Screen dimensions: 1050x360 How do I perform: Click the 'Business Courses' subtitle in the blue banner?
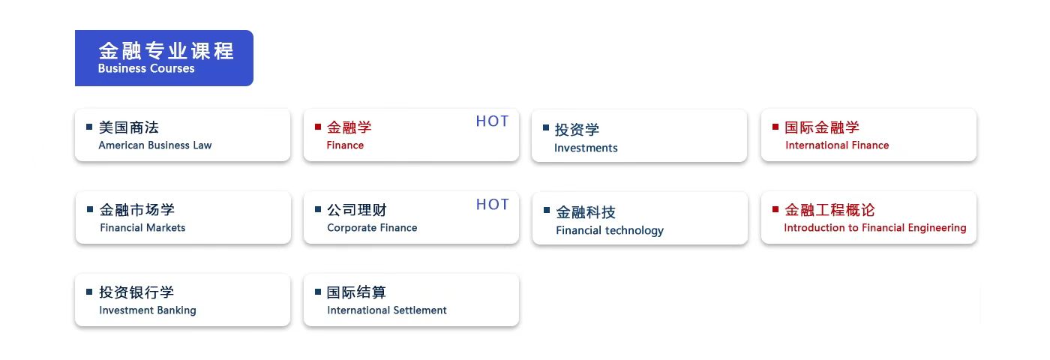[146, 68]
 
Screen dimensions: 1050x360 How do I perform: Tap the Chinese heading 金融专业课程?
[166, 51]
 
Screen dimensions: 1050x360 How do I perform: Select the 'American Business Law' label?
[155, 145]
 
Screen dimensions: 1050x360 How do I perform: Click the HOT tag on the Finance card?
[492, 121]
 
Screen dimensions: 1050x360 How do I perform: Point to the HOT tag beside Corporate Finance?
[492, 204]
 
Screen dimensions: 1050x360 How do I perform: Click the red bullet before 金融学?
[318, 127]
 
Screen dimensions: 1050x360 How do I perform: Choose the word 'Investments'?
[586, 148]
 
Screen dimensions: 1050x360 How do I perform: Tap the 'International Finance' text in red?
[837, 145]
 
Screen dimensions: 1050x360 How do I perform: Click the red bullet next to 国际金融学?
[775, 127]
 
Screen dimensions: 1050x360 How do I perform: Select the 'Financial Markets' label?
[142, 228]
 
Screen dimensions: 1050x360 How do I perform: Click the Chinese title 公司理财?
[357, 210]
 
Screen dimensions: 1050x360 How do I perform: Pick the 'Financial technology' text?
[610, 231]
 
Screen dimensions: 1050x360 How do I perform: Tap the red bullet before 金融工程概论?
[775, 209]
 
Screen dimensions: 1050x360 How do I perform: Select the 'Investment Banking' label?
[148, 310]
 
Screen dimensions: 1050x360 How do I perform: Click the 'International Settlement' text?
[387, 310]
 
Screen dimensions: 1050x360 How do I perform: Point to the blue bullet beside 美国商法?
[89, 127]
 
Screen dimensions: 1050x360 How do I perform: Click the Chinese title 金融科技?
[586, 212]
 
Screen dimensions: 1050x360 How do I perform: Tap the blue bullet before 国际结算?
[318, 292]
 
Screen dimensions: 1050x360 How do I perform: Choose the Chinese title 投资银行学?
[136, 292]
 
